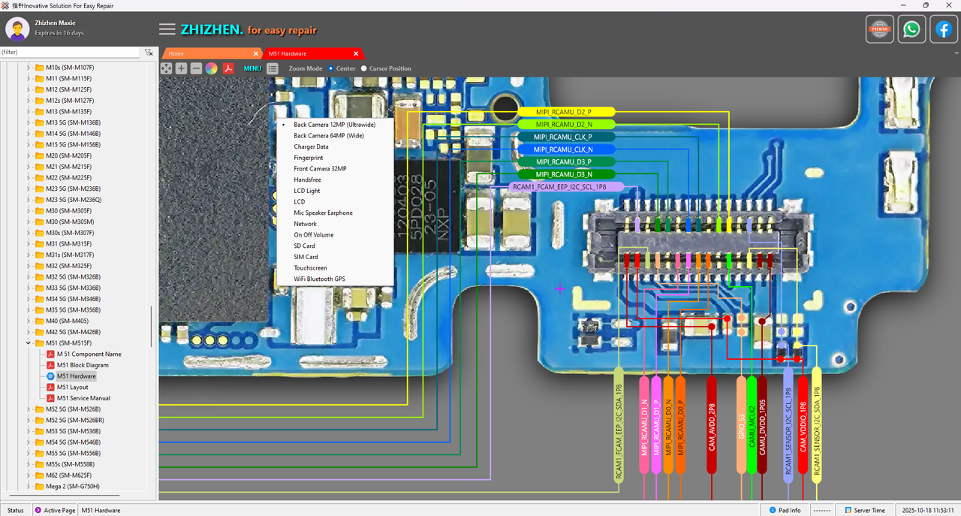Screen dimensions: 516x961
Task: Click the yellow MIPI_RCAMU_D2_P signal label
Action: click(x=564, y=112)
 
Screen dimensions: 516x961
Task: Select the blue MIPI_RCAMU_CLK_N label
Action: click(x=564, y=149)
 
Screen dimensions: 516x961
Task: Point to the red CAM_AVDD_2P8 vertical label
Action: click(x=712, y=426)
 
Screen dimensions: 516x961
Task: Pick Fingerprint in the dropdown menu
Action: click(x=309, y=158)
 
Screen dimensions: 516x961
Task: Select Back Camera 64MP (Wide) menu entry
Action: click(x=329, y=136)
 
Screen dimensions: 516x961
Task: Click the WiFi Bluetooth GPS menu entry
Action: click(x=319, y=279)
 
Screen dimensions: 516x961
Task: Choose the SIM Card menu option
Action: click(x=306, y=257)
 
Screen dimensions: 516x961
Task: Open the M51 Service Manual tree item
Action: click(x=83, y=398)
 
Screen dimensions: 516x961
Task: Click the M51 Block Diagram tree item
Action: click(x=83, y=365)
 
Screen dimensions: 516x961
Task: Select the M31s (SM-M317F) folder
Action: click(x=69, y=255)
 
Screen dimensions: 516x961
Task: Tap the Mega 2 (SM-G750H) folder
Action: click(x=72, y=486)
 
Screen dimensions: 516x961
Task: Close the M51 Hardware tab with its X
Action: click(x=358, y=54)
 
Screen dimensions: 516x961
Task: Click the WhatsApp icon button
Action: click(x=911, y=29)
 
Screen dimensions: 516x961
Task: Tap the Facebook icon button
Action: click(x=944, y=29)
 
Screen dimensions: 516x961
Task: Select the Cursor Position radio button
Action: click(x=365, y=68)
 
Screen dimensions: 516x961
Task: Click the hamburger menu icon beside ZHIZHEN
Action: click(x=167, y=29)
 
